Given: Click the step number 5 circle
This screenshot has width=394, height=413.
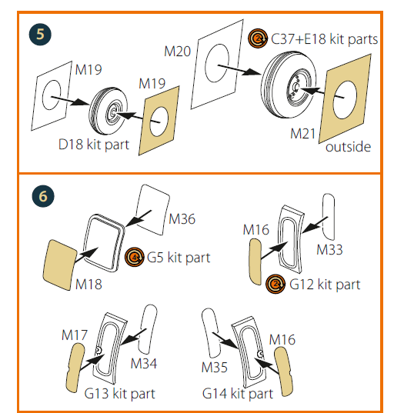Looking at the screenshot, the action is [x=40, y=35].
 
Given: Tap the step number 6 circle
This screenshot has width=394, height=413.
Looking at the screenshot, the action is [x=43, y=196].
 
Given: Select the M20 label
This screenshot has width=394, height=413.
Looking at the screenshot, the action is [x=177, y=51].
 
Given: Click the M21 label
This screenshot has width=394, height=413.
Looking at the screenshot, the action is [x=302, y=134].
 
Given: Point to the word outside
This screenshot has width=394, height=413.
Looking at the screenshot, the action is [x=348, y=147].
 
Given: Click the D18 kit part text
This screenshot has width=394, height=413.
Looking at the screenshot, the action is [x=94, y=145].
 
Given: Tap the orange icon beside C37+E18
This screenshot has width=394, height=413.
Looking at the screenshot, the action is [x=258, y=38].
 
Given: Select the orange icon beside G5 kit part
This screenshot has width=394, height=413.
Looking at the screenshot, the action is [x=135, y=257].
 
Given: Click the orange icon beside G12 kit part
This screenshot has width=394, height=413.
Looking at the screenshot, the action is [x=275, y=284].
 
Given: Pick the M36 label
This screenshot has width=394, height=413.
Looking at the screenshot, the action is [x=182, y=219].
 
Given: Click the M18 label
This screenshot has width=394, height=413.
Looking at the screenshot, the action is [x=88, y=285].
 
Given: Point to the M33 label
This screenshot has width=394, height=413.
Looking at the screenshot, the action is [x=329, y=250].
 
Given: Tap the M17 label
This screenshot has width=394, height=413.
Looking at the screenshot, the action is [x=75, y=335].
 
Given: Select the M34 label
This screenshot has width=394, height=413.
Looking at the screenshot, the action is [x=144, y=364].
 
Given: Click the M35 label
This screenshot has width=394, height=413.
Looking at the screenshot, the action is [x=214, y=367].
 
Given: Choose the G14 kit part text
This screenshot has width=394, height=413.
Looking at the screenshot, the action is [x=238, y=394].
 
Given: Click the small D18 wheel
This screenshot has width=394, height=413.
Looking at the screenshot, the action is [x=109, y=111].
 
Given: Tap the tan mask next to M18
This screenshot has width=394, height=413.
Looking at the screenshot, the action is [x=60, y=265].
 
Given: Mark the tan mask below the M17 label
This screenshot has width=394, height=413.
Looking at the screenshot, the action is [x=75, y=368].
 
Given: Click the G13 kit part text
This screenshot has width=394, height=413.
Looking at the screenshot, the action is [x=119, y=394].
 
